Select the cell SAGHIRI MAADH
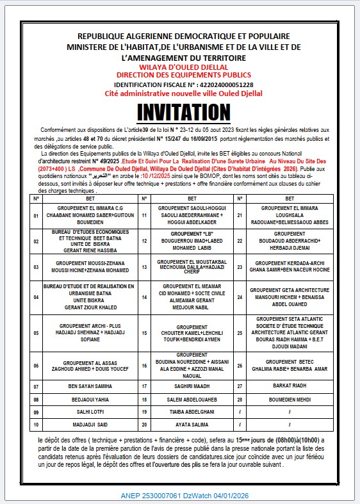pos(192,387)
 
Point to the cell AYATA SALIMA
pos(192,425)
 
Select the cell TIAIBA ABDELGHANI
pos(192,412)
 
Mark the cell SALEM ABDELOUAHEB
pos(192,400)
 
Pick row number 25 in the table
pos(240,333)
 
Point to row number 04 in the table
pos(37,298)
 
